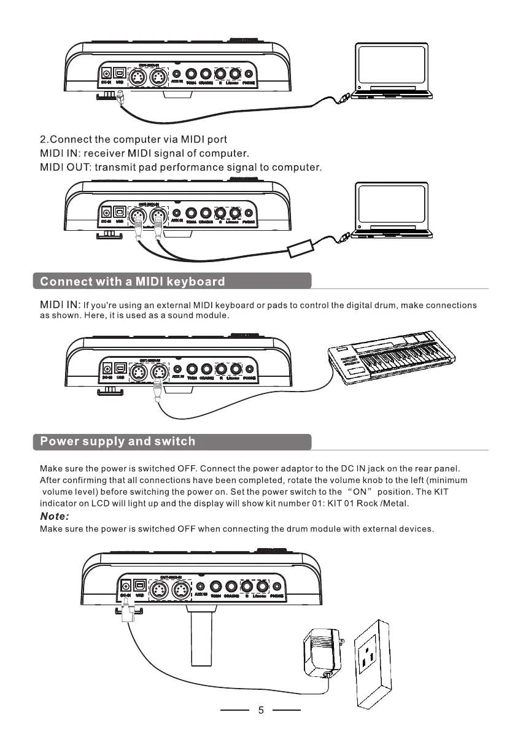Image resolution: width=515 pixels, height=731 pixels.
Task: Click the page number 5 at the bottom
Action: [261, 711]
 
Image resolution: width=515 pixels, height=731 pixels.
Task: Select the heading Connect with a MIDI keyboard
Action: [133, 282]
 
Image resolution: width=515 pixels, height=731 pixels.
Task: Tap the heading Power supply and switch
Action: [117, 441]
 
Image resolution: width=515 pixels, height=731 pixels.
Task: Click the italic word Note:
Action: [55, 517]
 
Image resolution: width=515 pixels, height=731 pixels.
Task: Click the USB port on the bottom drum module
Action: [141, 586]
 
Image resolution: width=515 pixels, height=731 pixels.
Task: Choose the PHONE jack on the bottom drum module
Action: [277, 587]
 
